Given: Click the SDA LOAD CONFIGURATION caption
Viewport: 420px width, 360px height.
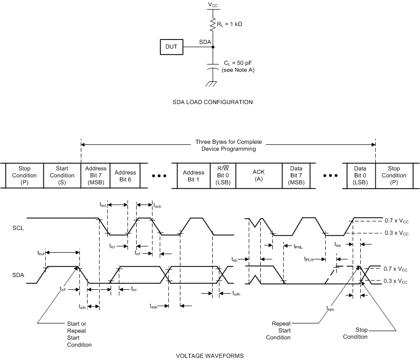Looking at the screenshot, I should (x=212, y=102).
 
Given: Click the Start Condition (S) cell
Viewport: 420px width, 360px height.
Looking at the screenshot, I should (x=62, y=175).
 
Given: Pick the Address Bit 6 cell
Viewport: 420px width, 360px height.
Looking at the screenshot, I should (x=126, y=175).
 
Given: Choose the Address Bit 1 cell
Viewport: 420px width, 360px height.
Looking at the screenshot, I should (x=194, y=175).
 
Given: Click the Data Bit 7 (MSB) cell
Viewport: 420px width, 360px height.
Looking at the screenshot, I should (x=296, y=175).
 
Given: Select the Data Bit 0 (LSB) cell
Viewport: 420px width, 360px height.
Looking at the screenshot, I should (x=361, y=175).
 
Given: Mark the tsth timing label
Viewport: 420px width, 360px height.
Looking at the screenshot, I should (x=83, y=307).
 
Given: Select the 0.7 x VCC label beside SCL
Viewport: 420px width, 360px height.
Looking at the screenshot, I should (x=396, y=220).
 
